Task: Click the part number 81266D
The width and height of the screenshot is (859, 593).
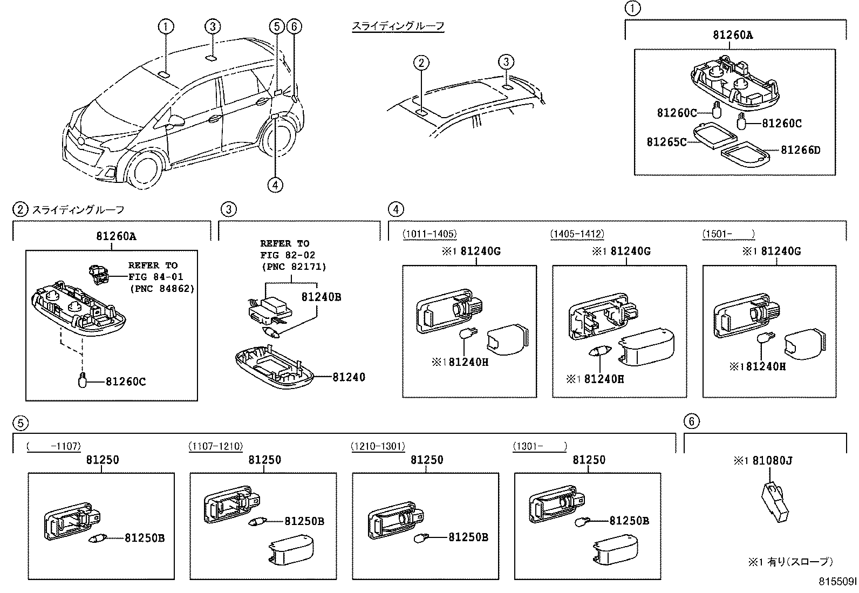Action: point(800,150)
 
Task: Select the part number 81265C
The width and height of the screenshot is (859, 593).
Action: point(666,142)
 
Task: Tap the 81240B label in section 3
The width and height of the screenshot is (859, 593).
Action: point(321,297)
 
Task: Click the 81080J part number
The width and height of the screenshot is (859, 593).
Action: point(772,461)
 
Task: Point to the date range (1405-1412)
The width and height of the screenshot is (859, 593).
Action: point(577,234)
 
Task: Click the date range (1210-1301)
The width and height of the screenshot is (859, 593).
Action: point(378,446)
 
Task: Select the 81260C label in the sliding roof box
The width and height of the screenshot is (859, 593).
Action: point(125,381)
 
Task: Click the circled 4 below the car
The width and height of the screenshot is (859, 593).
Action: point(275,185)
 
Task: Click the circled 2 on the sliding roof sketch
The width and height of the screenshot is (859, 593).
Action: point(421,63)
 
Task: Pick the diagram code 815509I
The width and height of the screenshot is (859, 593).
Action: point(837,582)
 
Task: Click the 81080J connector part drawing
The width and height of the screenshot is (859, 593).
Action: point(775,499)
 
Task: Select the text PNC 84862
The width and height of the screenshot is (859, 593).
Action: point(162,289)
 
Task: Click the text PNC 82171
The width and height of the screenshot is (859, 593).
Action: point(294,267)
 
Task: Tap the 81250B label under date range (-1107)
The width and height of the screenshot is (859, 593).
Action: point(145,537)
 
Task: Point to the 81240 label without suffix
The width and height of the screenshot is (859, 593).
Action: point(349,377)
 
